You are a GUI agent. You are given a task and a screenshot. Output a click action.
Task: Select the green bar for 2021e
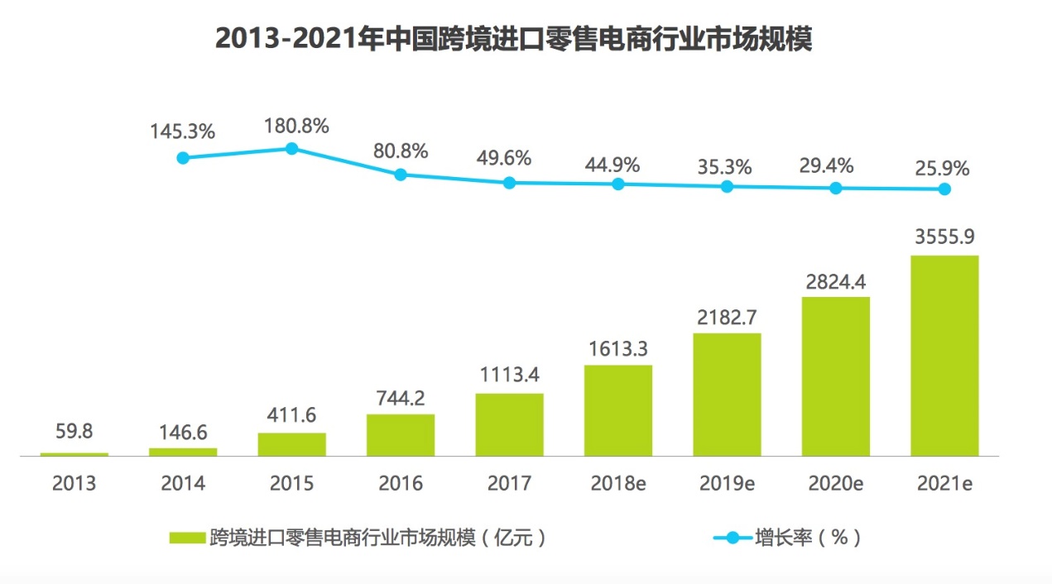(944, 356)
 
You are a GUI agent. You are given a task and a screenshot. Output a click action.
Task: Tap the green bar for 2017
(509, 424)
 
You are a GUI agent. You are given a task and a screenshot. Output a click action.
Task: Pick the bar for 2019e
(727, 395)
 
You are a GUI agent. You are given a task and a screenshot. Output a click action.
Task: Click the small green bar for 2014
(183, 452)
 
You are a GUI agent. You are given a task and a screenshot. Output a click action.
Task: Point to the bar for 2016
(401, 435)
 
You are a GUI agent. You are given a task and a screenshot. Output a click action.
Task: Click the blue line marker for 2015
(291, 148)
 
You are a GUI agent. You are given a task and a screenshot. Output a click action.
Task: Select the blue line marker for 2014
(183, 157)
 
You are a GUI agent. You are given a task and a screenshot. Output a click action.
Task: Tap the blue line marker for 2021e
(944, 189)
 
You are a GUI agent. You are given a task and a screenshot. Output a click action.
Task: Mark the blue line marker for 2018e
(618, 184)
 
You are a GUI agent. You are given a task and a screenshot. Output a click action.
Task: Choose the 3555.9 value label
(944, 238)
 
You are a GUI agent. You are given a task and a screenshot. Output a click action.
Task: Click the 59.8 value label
(74, 433)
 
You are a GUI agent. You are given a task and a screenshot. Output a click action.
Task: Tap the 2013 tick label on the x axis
(74, 484)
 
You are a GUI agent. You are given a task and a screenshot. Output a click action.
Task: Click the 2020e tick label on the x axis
(835, 484)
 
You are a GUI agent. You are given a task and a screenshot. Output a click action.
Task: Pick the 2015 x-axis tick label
(291, 484)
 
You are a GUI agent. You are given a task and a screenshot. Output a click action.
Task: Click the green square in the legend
(187, 538)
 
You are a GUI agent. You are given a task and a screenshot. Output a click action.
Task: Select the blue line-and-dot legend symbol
(732, 538)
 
